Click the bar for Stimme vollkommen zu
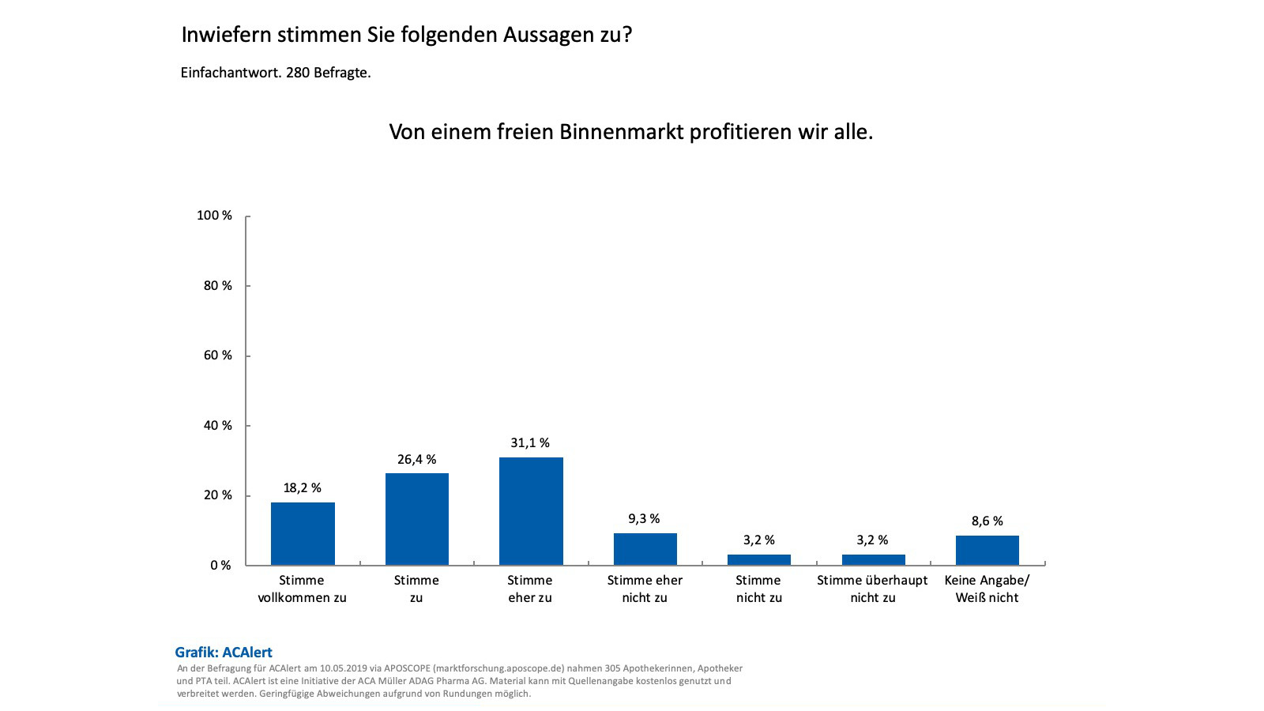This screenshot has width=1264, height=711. pyautogui.click(x=303, y=533)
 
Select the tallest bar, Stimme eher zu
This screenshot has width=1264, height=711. pyautogui.click(x=531, y=511)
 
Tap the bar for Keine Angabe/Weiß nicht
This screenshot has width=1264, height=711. pyautogui.click(x=987, y=550)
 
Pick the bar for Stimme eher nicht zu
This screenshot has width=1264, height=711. pyautogui.click(x=645, y=549)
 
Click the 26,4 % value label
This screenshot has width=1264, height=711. pyautogui.click(x=416, y=459)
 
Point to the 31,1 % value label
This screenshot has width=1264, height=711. pyautogui.click(x=530, y=442)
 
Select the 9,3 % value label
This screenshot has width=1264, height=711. pyautogui.click(x=644, y=518)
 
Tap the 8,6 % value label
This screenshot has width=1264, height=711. pyautogui.click(x=987, y=521)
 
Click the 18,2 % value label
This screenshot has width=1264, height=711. pyautogui.click(x=302, y=487)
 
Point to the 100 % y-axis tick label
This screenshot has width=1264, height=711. pyautogui.click(x=214, y=216)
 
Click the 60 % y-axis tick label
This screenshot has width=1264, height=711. pyautogui.click(x=217, y=355)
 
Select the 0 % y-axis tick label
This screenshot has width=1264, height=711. pyautogui.click(x=220, y=565)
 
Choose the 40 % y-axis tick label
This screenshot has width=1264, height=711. pyautogui.click(x=217, y=425)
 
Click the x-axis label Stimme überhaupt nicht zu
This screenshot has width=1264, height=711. pyautogui.click(x=872, y=589)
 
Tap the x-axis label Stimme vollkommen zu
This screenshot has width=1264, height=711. pyautogui.click(x=302, y=589)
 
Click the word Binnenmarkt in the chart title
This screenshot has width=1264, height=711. pyautogui.click(x=622, y=131)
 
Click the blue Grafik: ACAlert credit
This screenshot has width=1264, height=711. pyautogui.click(x=224, y=652)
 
